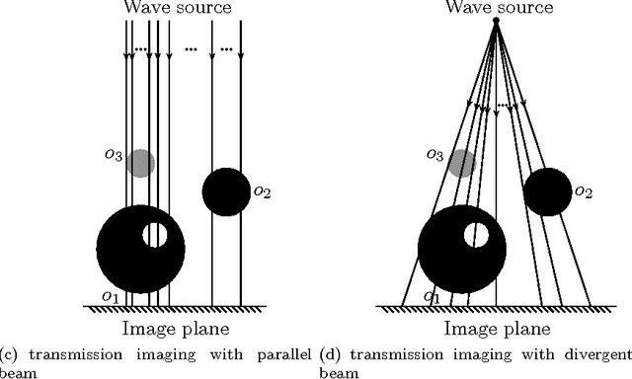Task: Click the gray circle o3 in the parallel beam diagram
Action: coord(141,163)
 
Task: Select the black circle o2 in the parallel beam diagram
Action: coord(226,191)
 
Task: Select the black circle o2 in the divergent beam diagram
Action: coord(547,191)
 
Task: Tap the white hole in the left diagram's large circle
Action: coord(155,235)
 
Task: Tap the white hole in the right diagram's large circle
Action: coord(477,235)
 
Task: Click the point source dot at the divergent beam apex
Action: coord(497,21)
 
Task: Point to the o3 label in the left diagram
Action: coord(115,154)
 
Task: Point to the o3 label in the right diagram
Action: coord(435,154)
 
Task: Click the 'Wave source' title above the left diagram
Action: coord(178,9)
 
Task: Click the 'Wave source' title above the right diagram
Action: coord(499,9)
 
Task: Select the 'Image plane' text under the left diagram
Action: coord(177,329)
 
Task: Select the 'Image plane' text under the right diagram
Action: coord(499,329)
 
